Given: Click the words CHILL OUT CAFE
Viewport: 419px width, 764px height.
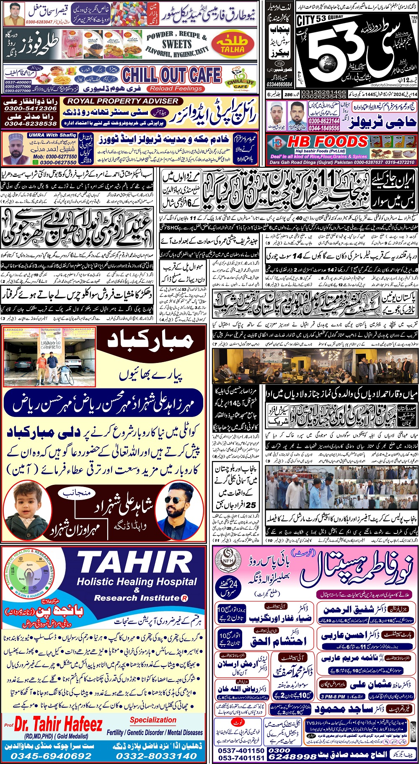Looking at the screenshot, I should coord(171,75).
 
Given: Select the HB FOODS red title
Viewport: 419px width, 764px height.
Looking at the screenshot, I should coord(328,142).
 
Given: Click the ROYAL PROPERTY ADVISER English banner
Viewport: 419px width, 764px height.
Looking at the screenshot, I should coord(123,101).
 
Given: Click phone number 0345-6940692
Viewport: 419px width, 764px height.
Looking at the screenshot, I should coord(51,756).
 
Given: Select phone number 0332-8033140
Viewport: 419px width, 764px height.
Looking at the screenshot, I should coord(156,756).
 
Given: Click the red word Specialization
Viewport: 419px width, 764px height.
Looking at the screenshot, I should coord(153,720).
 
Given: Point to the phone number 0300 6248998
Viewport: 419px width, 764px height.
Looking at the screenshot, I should coord(292,754).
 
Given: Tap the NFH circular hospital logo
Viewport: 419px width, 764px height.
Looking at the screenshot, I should coord(228,559).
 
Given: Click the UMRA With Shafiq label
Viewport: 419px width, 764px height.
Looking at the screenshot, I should coord(53,135).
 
